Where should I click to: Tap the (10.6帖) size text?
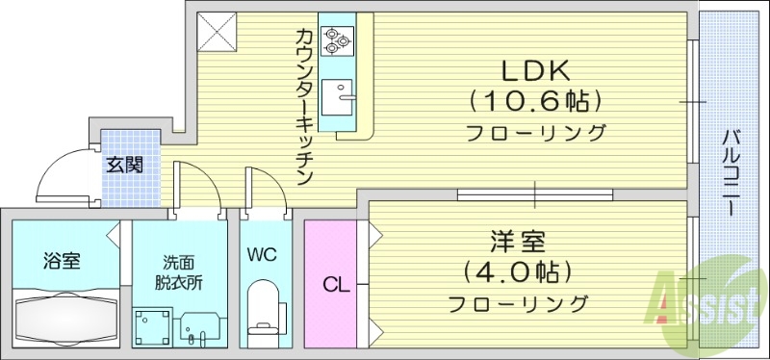535,100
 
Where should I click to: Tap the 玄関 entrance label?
124,165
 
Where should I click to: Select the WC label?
263,255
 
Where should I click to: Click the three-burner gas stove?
336,40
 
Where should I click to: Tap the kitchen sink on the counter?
338,97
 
